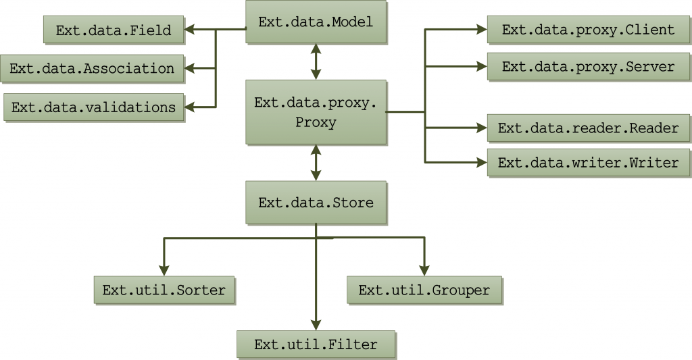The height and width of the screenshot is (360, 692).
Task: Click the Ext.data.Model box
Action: (316, 22)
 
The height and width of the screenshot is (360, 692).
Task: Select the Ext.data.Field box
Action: (113, 30)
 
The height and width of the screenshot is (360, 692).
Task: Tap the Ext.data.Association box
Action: (92, 68)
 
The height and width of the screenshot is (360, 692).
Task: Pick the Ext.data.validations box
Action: (93, 107)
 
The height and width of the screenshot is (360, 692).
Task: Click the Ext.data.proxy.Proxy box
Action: (316, 112)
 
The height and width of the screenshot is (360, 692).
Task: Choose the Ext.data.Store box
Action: (316, 203)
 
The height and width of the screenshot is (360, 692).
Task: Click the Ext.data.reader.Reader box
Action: (588, 128)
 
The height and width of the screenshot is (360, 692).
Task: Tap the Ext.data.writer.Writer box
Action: (588, 163)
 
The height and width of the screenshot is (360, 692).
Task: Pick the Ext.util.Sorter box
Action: (164, 290)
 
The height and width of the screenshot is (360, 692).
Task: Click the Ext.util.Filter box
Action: (316, 344)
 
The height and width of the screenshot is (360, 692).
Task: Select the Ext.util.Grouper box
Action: (424, 290)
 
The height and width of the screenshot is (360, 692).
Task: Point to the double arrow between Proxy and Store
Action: (316, 163)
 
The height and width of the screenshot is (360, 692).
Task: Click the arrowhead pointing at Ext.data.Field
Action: (190, 30)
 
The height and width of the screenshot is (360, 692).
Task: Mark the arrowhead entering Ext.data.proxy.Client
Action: (481, 30)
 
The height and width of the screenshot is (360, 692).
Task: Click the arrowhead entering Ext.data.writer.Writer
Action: (481, 163)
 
